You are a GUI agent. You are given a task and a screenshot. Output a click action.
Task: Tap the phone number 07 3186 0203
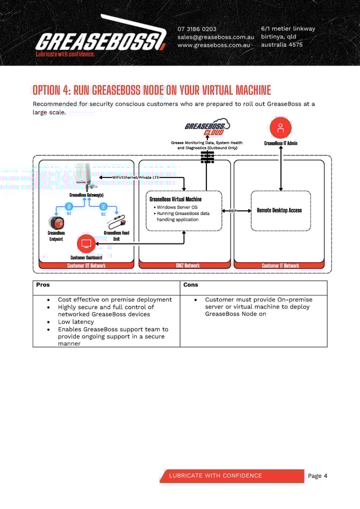point(197,29)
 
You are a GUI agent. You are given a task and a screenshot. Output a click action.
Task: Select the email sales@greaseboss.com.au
point(215,37)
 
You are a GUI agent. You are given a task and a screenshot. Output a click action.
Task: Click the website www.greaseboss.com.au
point(214,45)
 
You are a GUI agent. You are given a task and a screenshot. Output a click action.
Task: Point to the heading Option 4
point(152,90)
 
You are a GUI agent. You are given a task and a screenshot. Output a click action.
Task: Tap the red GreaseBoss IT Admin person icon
point(280,128)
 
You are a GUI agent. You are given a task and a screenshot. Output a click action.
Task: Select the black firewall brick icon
point(207,157)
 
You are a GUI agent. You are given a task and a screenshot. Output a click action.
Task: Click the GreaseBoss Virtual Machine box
point(184,210)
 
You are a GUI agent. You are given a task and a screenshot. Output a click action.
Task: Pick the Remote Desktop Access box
point(280,210)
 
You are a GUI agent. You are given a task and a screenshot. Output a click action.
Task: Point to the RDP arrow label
point(233,211)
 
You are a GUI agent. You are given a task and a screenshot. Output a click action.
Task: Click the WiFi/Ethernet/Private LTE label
point(135,177)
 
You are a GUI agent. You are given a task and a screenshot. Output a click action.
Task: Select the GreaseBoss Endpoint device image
point(56,222)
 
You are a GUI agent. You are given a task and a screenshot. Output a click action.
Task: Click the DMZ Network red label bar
point(185,266)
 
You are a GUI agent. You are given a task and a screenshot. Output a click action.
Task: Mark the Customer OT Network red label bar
point(86,266)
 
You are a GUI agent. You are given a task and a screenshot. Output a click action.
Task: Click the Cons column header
point(191,285)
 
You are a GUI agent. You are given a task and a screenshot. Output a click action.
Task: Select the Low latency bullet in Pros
point(76,322)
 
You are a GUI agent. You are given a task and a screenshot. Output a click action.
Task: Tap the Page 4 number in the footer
point(318,476)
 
